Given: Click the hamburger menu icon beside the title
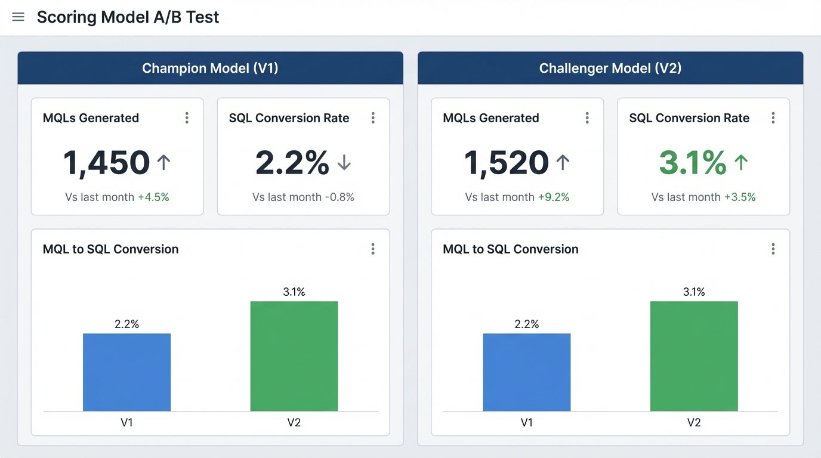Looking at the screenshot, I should [18, 17].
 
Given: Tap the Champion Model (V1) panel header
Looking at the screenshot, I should [210, 68].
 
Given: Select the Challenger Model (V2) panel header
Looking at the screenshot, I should [610, 68].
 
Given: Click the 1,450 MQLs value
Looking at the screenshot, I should [106, 163].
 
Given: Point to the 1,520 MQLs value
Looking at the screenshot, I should [506, 163].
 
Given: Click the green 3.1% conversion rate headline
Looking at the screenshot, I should [692, 163].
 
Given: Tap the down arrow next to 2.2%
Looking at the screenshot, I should [344, 163].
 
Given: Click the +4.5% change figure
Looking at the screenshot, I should [153, 197].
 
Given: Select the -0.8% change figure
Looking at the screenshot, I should [339, 197].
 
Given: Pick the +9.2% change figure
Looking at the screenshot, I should [553, 197].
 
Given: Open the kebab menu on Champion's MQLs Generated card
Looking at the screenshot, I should [187, 118].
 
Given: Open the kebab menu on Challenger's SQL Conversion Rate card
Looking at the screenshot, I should [773, 118].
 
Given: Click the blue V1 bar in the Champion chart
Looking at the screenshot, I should [126, 372].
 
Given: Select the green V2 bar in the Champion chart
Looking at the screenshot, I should [294, 356].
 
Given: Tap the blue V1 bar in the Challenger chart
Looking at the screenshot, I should [526, 372].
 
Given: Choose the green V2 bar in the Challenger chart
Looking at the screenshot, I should [694, 356].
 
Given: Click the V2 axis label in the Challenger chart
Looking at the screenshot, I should [693, 422].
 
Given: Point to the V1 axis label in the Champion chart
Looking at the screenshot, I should [126, 422].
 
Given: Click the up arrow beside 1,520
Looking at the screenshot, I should [562, 163].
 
